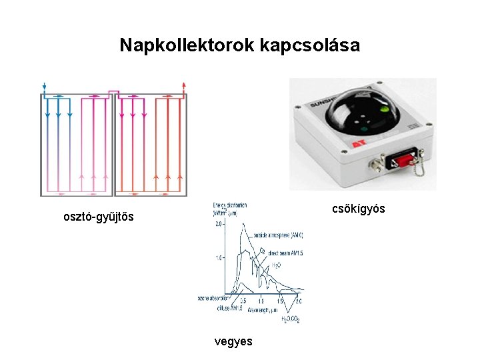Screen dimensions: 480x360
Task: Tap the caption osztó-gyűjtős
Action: click(98, 217)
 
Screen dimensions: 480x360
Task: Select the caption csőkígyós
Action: click(359, 209)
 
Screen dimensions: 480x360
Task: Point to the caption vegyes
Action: click(233, 341)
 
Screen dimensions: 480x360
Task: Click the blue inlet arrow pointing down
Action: click(44, 86)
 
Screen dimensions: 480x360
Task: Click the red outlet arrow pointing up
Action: click(183, 86)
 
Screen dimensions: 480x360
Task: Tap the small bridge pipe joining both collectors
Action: click(113, 92)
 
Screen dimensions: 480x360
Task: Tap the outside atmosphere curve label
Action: click(278, 235)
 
